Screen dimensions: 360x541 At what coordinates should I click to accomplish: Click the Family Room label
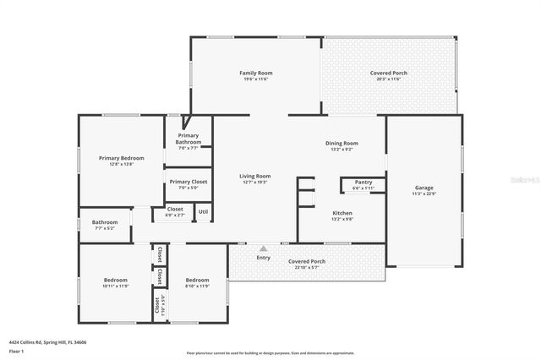click(x=256, y=74)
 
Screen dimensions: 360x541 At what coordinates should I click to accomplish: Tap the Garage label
click(x=424, y=188)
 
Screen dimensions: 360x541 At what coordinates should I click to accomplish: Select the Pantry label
click(x=363, y=182)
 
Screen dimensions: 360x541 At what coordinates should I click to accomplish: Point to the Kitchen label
click(x=342, y=213)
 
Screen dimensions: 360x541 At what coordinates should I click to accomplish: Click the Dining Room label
click(x=342, y=143)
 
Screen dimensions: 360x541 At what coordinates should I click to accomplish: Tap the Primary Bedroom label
click(x=121, y=158)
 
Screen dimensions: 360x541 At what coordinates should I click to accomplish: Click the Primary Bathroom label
click(x=189, y=139)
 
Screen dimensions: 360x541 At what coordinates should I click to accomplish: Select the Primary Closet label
click(x=189, y=182)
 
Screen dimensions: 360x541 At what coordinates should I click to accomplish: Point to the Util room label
click(x=203, y=211)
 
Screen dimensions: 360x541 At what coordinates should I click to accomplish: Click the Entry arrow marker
click(x=263, y=248)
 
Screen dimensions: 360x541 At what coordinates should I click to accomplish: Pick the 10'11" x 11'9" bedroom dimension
click(x=116, y=286)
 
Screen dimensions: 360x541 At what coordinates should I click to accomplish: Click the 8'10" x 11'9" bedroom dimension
click(x=197, y=286)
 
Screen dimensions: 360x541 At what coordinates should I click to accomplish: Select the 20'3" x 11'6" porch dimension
click(x=389, y=79)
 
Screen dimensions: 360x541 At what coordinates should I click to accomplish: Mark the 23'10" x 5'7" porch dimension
click(x=306, y=267)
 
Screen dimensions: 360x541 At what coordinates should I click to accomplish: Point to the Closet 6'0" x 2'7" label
click(x=175, y=214)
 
